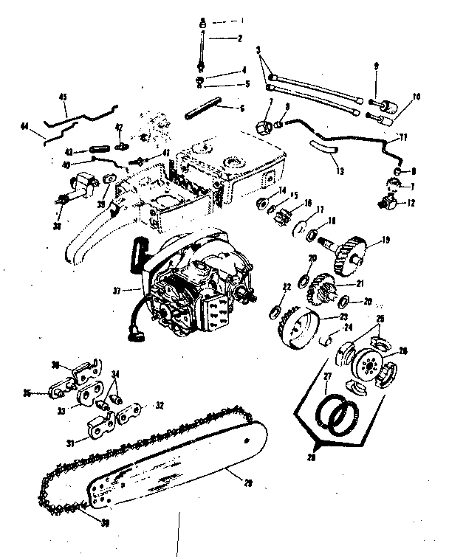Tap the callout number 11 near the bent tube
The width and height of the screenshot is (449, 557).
point(402,137)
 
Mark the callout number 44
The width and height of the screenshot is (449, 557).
point(27,128)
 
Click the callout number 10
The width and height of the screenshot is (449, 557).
point(416,96)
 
